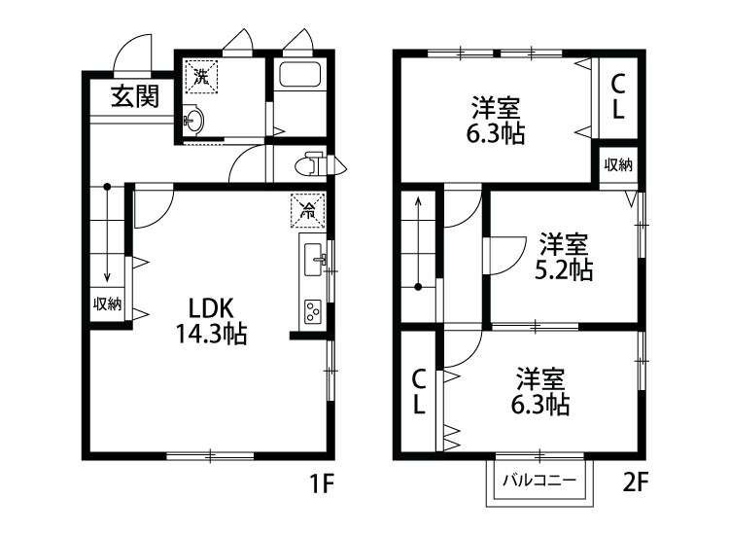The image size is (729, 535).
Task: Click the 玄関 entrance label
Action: (134, 96)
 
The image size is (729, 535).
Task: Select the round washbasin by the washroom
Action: (194, 122)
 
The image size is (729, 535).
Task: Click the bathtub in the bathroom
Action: (300, 75)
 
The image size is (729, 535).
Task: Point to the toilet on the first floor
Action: (315, 162)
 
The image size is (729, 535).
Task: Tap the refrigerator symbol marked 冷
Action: (307, 208)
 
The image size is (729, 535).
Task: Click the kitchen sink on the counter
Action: (315, 260)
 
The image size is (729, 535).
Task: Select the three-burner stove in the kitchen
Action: (314, 311)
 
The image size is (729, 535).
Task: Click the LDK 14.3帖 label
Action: (211, 320)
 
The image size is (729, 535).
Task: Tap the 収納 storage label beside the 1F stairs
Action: (107, 303)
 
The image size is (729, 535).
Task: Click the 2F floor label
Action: (637, 481)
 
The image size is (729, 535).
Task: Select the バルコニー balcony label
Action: (538, 481)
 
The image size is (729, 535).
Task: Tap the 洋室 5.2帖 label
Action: (563, 256)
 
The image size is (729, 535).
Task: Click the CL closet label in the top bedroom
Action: (616, 98)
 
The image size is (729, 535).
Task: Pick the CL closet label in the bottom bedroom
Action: (418, 391)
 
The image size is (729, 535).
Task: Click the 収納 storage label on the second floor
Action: (618, 164)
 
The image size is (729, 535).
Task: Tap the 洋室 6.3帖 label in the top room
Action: (498, 121)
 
